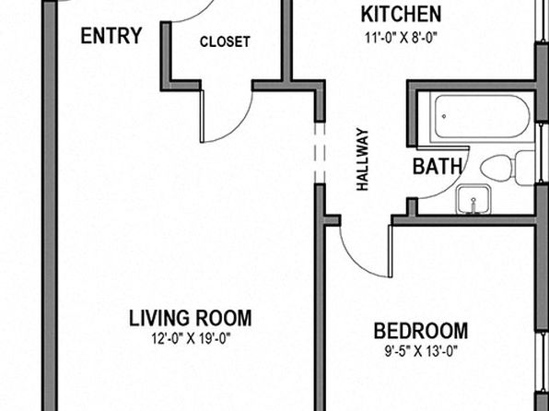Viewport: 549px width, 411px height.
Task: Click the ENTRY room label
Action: pos(111,36)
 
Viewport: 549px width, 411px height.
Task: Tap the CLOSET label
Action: pos(225,41)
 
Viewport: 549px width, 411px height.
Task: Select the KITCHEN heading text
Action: pos(401,15)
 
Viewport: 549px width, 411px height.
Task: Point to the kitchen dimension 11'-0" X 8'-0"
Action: pos(402,38)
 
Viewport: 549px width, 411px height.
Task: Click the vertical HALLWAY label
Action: pos(362,159)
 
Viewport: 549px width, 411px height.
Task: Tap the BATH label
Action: pos(438,166)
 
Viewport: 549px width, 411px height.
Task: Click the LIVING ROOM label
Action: pos(191,318)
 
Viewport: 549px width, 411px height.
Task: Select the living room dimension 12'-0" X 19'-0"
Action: pos(191,339)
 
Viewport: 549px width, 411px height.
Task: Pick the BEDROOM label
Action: pos(421,331)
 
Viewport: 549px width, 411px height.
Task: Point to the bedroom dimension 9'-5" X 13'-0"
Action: pos(421,351)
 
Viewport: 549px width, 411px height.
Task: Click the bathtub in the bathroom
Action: pos(482,117)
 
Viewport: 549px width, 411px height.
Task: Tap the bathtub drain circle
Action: pos(444,116)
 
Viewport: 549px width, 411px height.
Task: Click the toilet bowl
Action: pos(498,169)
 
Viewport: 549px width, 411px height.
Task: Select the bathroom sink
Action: pos(473,199)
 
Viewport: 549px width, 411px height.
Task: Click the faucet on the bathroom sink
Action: pos(473,205)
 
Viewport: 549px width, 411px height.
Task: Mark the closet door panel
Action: pos(202,116)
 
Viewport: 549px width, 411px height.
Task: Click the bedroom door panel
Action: pos(390,251)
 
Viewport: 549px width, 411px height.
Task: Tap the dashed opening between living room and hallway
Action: pos(320,152)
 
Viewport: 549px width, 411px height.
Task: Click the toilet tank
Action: pos(525,169)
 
